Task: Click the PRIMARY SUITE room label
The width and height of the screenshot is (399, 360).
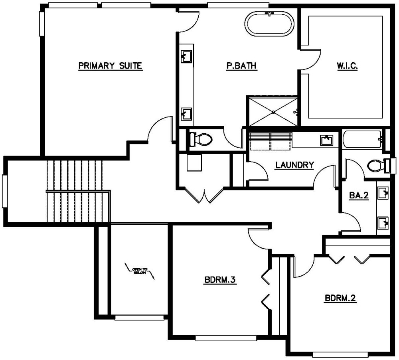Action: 110,66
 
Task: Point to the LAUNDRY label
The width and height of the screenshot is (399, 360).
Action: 294,165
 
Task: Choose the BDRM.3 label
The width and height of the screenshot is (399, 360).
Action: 220,280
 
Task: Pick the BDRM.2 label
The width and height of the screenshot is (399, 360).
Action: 340,298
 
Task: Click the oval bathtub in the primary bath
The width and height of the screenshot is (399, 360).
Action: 269,25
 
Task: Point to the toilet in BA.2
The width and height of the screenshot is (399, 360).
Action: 376,165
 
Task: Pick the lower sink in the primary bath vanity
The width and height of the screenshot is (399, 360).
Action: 186,114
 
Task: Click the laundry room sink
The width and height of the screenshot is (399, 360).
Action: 326,140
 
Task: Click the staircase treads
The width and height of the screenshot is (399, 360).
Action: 76,191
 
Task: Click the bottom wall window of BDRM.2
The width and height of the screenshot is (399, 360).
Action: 340,354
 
